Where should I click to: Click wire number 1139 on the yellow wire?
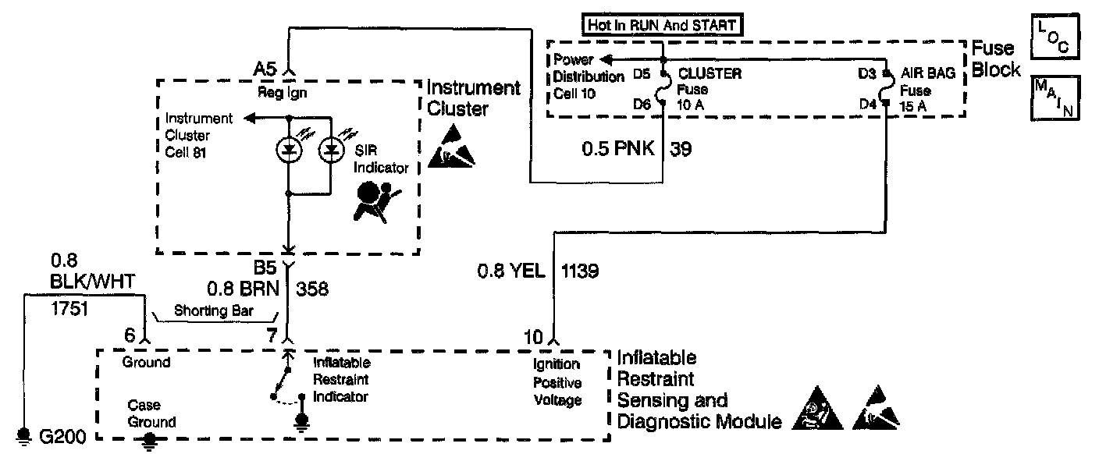580,271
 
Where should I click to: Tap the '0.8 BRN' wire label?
242,289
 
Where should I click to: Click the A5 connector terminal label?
267,69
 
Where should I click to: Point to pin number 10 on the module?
533,337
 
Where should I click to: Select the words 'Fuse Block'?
995,59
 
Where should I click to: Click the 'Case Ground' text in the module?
152,413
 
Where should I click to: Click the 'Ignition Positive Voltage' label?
557,382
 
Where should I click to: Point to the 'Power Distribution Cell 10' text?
589,77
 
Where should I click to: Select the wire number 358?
312,289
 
